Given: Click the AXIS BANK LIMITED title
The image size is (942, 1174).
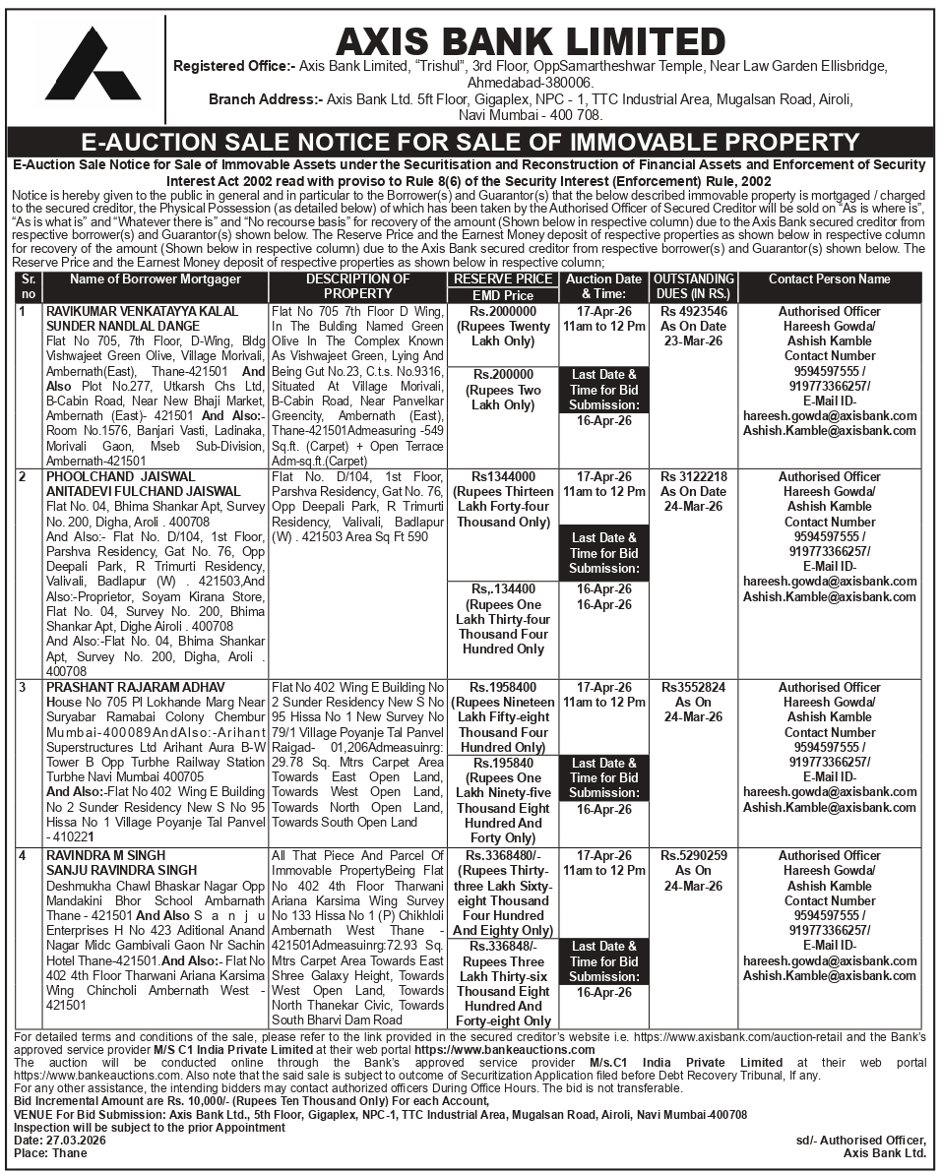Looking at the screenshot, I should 531,41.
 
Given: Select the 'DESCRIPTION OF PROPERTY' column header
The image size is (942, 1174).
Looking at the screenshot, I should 357,286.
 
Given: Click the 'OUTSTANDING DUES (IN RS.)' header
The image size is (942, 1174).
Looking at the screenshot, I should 694,286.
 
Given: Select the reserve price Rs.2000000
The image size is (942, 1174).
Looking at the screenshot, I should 502,311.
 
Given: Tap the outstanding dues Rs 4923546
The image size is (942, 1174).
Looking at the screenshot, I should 694,311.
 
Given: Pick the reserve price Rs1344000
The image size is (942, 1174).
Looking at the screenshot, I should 502,476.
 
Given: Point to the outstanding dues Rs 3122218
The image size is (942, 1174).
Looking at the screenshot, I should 694,476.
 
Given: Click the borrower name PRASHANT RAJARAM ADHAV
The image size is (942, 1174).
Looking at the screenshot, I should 135,686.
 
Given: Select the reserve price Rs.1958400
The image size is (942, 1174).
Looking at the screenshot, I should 502,687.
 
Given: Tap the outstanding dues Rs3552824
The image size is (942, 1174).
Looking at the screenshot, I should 694,687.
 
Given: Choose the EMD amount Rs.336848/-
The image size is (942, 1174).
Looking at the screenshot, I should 502,946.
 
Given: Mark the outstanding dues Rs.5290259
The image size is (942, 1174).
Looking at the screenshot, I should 694,855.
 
